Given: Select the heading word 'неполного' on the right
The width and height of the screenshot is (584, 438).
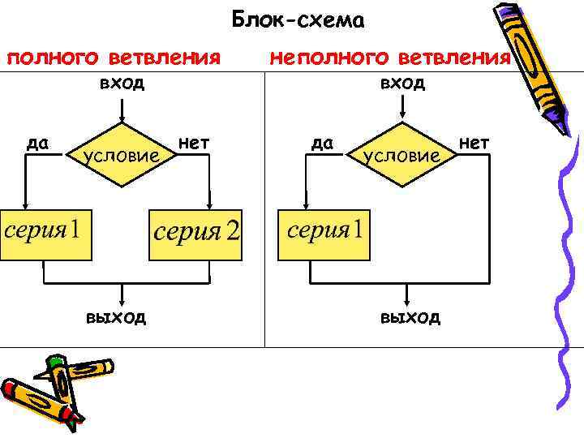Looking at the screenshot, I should [329, 58].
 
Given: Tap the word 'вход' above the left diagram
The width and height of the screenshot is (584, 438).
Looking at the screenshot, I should [122, 84].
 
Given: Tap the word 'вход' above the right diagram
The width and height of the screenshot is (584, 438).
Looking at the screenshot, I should [402, 84].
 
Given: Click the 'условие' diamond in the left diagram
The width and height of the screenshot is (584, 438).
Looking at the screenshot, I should [122, 155].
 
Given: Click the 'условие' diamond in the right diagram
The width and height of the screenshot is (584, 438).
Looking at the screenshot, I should [402, 155].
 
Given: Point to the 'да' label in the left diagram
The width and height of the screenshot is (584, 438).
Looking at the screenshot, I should [37, 144].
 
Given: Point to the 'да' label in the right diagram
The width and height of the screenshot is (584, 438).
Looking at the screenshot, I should [323, 144].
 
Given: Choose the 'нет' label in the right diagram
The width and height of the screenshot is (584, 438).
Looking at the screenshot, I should [474, 144].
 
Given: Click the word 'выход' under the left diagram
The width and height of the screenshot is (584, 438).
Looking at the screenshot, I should [117, 316].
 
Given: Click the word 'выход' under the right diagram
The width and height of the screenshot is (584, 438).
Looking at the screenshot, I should [410, 316].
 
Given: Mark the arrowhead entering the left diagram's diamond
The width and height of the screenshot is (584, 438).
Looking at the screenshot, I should [122, 118].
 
